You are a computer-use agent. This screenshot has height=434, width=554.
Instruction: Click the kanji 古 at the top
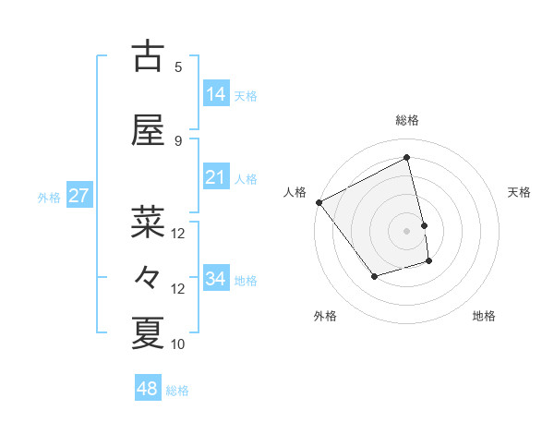(x=148, y=56)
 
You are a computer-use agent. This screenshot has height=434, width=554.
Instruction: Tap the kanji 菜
(x=148, y=222)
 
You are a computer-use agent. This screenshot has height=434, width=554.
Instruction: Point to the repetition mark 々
(x=148, y=277)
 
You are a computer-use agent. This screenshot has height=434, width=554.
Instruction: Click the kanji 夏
(x=148, y=332)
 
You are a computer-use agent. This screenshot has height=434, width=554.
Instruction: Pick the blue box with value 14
(x=216, y=94)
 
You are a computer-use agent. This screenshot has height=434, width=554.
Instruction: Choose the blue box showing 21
(x=216, y=177)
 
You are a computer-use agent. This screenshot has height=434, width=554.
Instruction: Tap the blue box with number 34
(x=216, y=279)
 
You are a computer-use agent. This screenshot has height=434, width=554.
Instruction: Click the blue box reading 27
(x=78, y=196)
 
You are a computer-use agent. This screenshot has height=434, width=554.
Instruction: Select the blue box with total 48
(x=148, y=389)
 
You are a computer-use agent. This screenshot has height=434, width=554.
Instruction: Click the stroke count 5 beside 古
(x=178, y=66)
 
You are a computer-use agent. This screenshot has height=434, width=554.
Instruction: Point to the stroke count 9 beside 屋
(x=178, y=140)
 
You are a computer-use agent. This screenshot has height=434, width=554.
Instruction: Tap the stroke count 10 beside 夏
(x=178, y=344)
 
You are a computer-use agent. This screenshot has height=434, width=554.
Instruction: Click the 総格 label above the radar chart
(x=407, y=120)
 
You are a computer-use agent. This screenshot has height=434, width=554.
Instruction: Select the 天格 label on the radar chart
(x=520, y=192)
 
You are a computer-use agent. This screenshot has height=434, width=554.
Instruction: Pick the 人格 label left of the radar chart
(x=295, y=192)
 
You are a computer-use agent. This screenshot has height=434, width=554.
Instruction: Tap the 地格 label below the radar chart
(x=484, y=316)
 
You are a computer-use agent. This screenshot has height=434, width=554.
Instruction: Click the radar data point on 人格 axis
(x=319, y=202)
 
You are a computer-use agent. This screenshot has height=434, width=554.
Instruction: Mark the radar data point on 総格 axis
(x=407, y=158)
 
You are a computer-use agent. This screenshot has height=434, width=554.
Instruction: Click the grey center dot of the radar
(x=407, y=230)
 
